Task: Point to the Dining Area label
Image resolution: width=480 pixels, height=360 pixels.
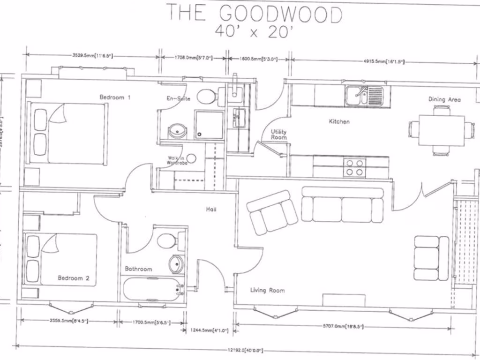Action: (x=444, y=99)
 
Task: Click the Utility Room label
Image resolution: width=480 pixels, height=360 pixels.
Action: (x=278, y=135)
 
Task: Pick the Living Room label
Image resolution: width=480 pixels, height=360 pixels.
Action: (x=267, y=290)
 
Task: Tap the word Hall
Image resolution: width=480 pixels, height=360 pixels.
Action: (x=211, y=209)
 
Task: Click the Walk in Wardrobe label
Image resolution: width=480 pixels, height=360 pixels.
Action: (x=177, y=160)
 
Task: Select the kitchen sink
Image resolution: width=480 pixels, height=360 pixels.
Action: (x=364, y=96)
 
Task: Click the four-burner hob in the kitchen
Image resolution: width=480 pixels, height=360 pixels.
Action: (x=354, y=167)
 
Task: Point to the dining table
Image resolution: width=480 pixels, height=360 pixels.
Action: (x=441, y=130)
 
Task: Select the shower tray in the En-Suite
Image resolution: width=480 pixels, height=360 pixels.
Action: (x=209, y=125)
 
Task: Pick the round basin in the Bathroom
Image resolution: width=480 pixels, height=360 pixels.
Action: (x=176, y=264)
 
